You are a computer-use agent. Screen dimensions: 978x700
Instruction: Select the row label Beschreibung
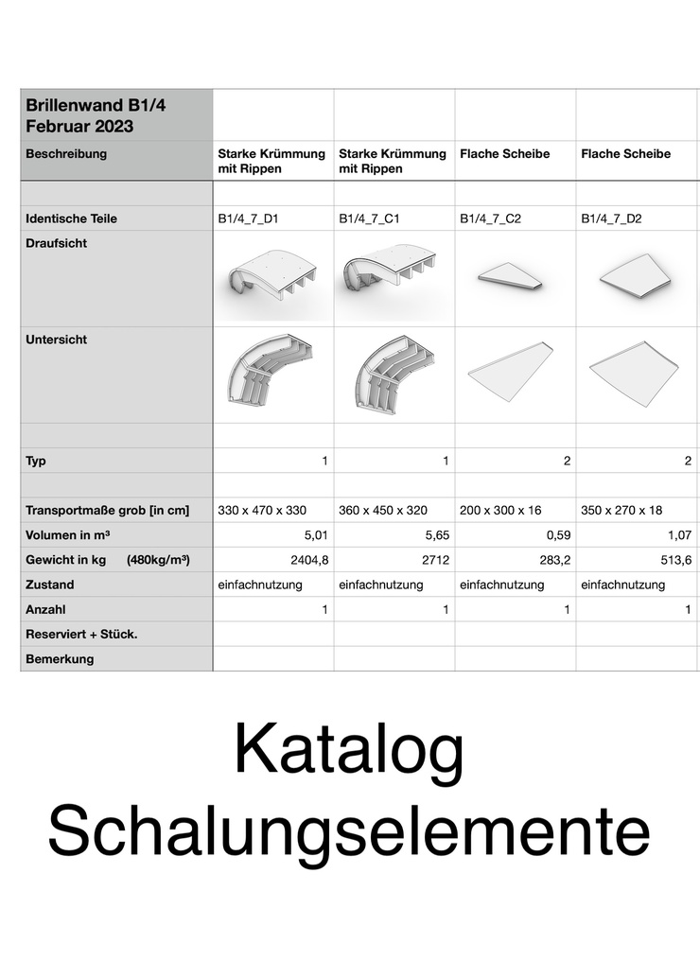tap(66, 153)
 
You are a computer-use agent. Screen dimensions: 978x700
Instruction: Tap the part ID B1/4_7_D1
tap(248, 218)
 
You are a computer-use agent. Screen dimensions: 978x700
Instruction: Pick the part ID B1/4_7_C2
tap(490, 218)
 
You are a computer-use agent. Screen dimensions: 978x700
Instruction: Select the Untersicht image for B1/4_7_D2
tap(633, 373)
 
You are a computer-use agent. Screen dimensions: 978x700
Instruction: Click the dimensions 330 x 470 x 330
tap(262, 511)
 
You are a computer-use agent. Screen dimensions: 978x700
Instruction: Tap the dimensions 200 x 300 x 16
tap(500, 511)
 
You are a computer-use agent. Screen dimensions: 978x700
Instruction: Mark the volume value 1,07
tap(676, 535)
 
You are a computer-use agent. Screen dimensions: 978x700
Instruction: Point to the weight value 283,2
tap(552, 560)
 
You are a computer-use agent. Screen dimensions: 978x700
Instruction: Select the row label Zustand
tap(50, 585)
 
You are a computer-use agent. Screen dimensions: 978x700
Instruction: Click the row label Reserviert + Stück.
tap(81, 634)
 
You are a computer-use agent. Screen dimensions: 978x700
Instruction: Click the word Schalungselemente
tap(349, 830)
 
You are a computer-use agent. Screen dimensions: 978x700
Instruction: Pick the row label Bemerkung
tap(60, 658)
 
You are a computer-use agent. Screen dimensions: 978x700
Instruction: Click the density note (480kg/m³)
tap(158, 560)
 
